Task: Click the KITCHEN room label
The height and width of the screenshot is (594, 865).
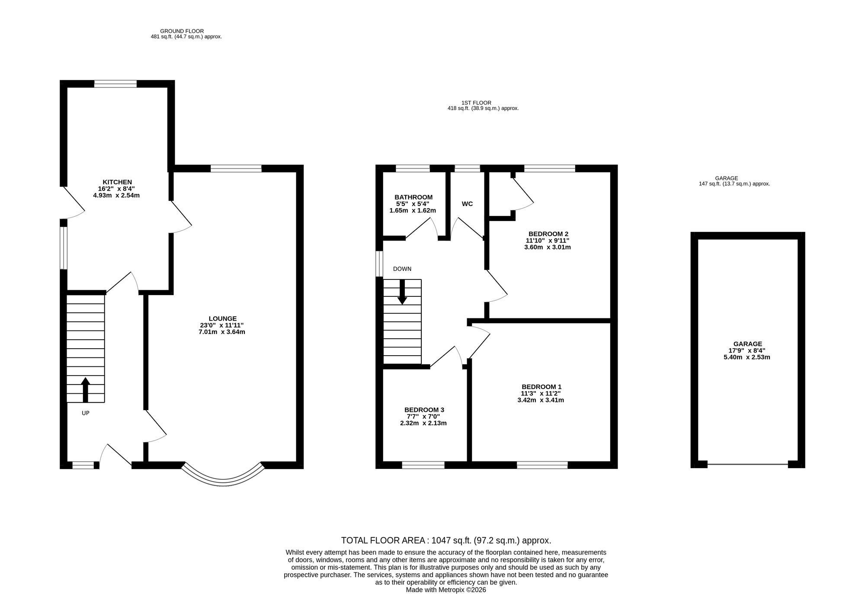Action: pos(117,182)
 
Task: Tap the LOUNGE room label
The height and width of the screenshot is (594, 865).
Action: pos(223,319)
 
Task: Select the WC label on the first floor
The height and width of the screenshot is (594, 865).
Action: pos(467,204)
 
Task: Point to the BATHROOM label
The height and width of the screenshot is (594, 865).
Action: pos(413,197)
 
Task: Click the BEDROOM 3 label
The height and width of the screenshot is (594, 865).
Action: pos(424,410)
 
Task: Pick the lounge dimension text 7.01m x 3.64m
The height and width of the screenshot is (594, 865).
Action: pos(222,332)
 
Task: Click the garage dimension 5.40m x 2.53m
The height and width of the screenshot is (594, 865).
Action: pos(747,357)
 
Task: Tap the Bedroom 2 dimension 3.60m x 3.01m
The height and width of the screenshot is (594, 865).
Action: pos(548,247)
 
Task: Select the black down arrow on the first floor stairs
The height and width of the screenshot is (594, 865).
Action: pos(402,292)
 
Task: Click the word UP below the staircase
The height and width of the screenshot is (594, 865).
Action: pos(86,413)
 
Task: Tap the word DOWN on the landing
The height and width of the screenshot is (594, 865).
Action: pos(402,269)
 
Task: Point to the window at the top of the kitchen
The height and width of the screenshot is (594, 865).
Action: pos(115,84)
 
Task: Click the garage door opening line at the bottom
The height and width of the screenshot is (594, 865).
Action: pos(747,465)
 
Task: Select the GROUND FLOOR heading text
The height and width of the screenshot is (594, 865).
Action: pos(182,31)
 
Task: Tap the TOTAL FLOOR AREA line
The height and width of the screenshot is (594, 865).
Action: pos(446,540)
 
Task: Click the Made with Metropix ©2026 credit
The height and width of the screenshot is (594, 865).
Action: pos(446,590)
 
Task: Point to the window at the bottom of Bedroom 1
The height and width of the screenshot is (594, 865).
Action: pos(542,465)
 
